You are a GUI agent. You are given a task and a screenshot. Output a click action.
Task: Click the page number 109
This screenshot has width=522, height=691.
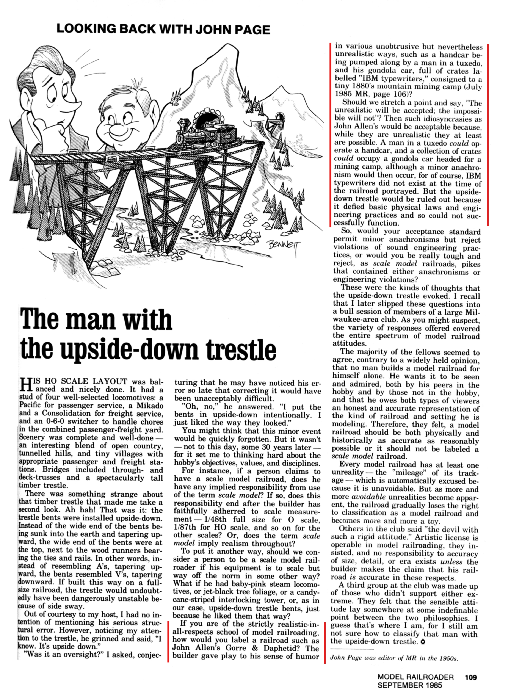tap(471, 677)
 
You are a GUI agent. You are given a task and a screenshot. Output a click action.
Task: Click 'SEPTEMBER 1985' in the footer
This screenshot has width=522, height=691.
tap(409, 685)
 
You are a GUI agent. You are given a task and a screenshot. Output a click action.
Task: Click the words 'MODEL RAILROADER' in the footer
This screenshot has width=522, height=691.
tap(415, 677)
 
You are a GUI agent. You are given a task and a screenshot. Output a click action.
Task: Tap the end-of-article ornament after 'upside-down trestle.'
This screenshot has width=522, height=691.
tap(423, 642)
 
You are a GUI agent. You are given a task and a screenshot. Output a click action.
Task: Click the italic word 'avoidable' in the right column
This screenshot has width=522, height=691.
tap(368, 497)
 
